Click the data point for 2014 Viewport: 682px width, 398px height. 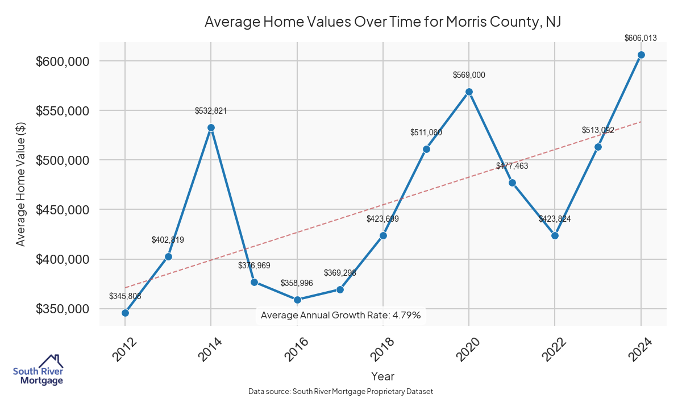coord(211,128)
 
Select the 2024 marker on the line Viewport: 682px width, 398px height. coord(641,55)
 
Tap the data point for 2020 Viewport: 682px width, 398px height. coord(469,92)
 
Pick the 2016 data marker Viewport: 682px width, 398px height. coord(297,300)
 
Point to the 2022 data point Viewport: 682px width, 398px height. coord(555,235)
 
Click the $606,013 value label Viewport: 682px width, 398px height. coord(641,39)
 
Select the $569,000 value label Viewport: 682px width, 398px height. coord(469,75)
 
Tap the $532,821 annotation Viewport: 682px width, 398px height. coord(211,111)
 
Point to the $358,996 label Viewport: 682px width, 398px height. coord(297,283)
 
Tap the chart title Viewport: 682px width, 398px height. coord(382,22)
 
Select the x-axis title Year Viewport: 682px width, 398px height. coord(382,376)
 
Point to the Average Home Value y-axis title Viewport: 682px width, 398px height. coord(21,184)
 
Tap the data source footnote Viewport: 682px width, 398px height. coord(340,392)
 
